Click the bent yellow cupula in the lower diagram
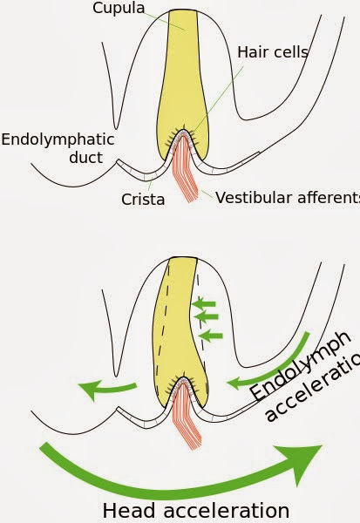click(175, 331)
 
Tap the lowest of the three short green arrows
click(210, 334)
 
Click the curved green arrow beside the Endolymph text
click(279, 367)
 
